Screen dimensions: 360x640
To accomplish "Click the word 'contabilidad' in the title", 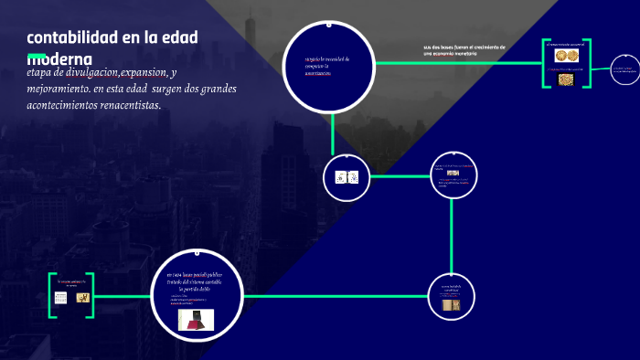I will coord(73,37).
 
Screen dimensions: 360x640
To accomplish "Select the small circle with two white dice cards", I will coord(347,177).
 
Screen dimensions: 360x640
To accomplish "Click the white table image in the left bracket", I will coord(62,299).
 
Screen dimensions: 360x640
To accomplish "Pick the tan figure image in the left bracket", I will coord(82,298).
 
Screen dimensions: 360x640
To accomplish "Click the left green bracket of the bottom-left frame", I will coord(51,294).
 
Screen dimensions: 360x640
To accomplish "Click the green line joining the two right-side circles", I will coord(453,233).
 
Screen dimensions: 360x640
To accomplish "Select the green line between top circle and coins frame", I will coord(457,63).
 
